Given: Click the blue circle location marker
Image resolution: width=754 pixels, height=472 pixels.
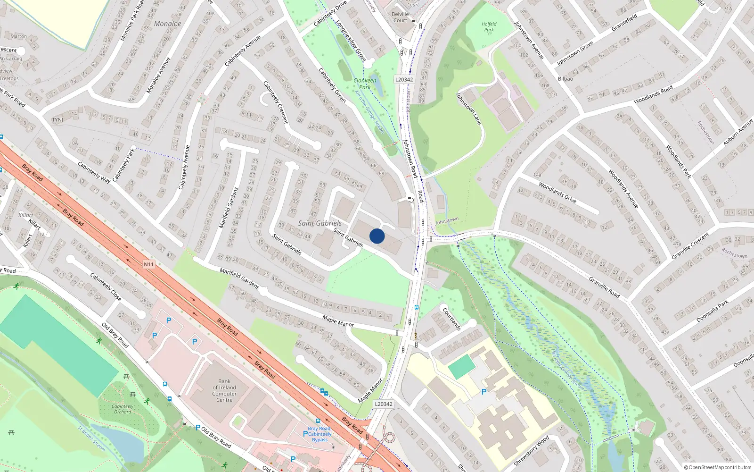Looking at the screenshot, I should coord(377,236).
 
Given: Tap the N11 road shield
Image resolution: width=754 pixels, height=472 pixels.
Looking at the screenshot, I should coord(149,264).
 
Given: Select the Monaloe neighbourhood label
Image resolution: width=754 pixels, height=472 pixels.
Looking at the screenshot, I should coord(167,24).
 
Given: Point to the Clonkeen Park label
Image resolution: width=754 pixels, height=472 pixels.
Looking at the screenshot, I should coord(365,84).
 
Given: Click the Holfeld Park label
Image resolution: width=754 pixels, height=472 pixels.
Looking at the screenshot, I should coord(489,27).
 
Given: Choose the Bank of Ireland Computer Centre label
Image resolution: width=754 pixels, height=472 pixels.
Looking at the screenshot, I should coord(224,390).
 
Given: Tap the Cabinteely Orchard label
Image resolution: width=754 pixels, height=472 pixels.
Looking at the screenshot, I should coord(123,409).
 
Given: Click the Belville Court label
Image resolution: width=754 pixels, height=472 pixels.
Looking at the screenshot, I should coord(400,17).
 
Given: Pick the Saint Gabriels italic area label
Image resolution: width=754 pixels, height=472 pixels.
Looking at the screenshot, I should coord(320,223).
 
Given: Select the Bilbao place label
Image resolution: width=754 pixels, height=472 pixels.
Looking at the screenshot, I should coord(565,79).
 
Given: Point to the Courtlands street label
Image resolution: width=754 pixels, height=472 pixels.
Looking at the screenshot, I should coord(451,319).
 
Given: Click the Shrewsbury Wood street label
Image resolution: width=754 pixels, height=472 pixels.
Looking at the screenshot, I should coord(531,450).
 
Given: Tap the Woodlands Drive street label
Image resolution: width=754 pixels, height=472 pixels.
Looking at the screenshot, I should coord(557,192).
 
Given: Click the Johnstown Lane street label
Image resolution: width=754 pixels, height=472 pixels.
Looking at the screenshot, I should coord(468,109).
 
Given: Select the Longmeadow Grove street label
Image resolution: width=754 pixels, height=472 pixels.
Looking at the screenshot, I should coord(351,40).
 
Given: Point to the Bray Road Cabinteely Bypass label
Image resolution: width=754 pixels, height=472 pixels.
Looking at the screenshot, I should coord(320,434).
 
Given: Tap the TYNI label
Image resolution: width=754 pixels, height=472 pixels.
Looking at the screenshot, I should coord(57,120).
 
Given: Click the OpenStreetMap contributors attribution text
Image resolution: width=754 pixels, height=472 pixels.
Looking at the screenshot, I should coord(717,468).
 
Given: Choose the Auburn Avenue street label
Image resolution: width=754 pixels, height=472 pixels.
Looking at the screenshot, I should coord(738,132).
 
